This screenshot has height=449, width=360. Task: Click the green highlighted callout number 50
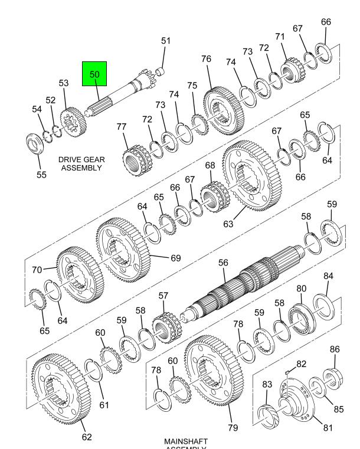click(94, 75)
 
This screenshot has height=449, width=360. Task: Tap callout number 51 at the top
click(166, 41)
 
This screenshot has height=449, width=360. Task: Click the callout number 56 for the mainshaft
click(223, 263)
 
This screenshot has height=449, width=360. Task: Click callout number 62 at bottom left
click(87, 437)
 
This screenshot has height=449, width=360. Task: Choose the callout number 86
click(335, 349)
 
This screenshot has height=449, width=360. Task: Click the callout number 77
click(122, 126)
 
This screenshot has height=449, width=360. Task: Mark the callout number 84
click(328, 276)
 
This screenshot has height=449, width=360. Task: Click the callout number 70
click(37, 270)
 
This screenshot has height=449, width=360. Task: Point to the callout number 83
click(267, 384)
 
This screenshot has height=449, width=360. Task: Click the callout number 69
click(175, 257)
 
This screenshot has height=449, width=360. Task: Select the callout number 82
click(302, 363)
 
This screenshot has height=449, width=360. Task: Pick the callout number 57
click(163, 296)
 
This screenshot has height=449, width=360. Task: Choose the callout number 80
click(302, 289)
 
